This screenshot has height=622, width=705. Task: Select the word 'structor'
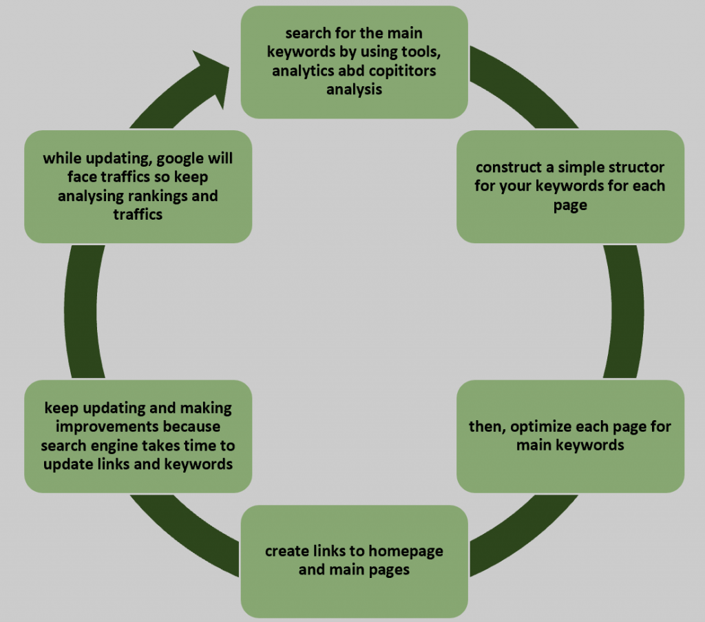click(640, 167)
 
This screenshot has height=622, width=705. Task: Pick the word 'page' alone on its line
click(570, 205)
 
